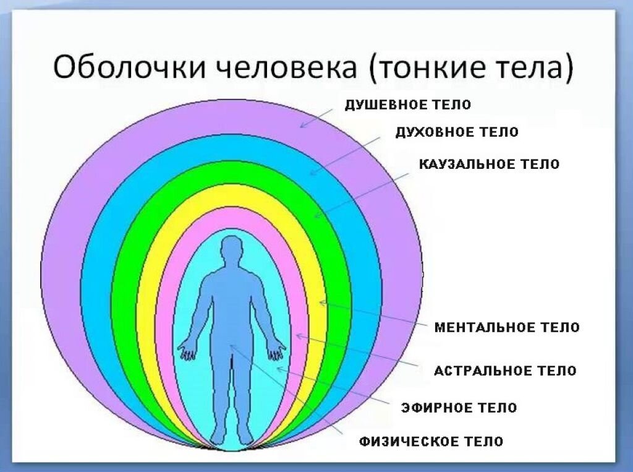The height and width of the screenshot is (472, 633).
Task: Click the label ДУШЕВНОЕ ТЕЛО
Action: tap(408, 105)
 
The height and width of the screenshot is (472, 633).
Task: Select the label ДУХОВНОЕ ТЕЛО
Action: tap(457, 132)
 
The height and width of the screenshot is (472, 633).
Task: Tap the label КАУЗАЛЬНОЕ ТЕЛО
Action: tap(490, 164)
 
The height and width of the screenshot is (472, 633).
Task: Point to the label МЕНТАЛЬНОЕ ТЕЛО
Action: tap(507, 327)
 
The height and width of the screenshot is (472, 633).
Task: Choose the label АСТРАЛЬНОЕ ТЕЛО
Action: tap(505, 371)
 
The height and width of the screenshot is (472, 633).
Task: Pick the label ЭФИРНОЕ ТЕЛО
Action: tap(459, 407)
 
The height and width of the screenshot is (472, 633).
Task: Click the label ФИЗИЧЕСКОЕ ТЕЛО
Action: tap(431, 441)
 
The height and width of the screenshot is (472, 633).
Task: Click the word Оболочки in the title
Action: tap(129, 66)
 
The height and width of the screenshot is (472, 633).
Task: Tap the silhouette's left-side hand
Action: tap(187, 349)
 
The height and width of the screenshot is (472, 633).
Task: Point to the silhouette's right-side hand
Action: tap(277, 349)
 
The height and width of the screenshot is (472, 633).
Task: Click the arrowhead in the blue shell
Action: tap(313, 173)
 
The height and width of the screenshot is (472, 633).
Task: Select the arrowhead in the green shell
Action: tap(317, 215)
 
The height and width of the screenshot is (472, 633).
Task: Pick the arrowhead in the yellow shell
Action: tap(322, 303)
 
